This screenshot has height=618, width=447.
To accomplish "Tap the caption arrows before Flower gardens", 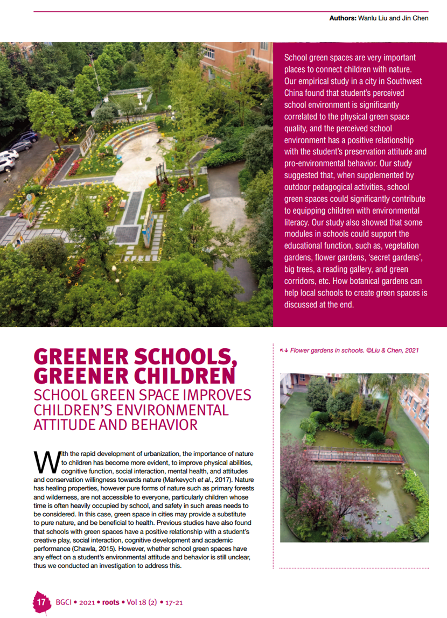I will pos(284,350).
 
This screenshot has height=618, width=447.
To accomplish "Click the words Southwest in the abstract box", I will pos(403,81).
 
